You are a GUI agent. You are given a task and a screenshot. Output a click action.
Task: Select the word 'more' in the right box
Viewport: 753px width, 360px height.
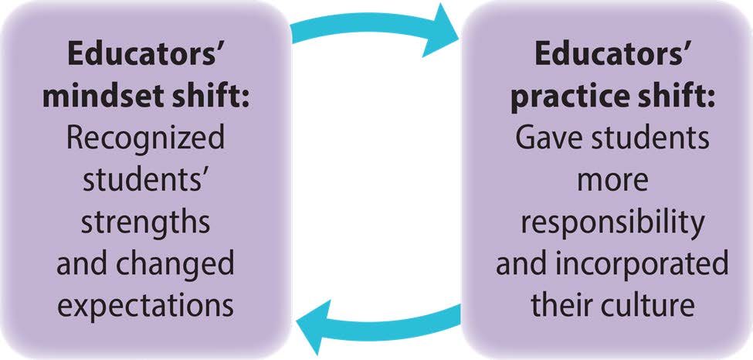tap(611, 181)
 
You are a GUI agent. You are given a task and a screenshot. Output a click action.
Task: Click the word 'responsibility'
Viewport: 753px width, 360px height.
tap(611, 222)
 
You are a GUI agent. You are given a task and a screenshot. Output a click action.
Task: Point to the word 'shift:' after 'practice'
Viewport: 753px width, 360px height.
tap(670, 99)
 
